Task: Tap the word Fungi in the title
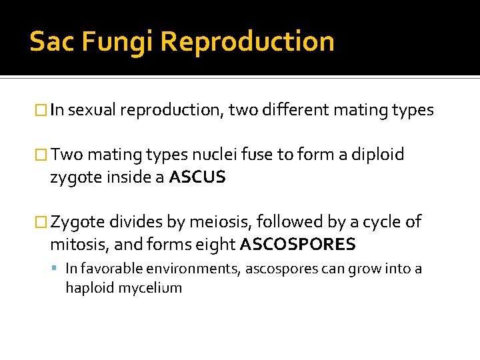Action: tap(115, 41)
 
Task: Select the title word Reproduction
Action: tap(247, 41)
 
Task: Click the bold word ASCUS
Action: tap(197, 177)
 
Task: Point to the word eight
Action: tap(213, 245)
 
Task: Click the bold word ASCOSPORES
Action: tap(297, 244)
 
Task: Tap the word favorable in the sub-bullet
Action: tap(107, 269)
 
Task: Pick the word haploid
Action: tap(87, 288)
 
